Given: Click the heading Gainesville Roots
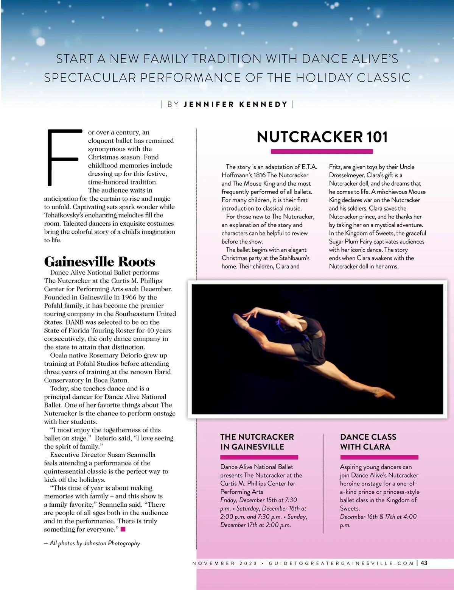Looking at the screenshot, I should coord(100,262).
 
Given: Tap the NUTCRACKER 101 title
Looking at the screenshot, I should coord(322,137).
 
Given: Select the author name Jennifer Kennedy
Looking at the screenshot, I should coord(235,105).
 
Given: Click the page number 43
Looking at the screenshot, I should coord(424,563).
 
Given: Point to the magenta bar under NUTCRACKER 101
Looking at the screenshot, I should coord(322,151).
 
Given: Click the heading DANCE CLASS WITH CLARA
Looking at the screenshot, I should coord(368,442).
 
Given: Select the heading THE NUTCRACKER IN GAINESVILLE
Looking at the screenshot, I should coord(257,442).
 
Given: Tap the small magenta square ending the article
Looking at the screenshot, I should coord(123,529).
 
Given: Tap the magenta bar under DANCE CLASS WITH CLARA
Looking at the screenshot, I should coord(379,457).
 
